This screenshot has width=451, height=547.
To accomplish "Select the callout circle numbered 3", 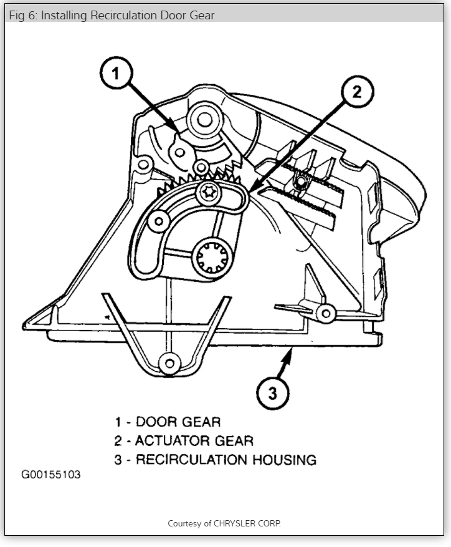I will pos(272,394).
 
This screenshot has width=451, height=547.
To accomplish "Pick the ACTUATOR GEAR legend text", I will pos(194,441).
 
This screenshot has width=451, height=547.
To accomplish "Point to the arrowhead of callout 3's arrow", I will pos(288,353).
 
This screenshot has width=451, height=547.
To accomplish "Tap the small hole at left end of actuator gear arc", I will pos(158,221).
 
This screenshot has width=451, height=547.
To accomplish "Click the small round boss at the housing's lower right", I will pos(324,312).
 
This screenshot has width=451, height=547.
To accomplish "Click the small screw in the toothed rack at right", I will pos(301,182).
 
